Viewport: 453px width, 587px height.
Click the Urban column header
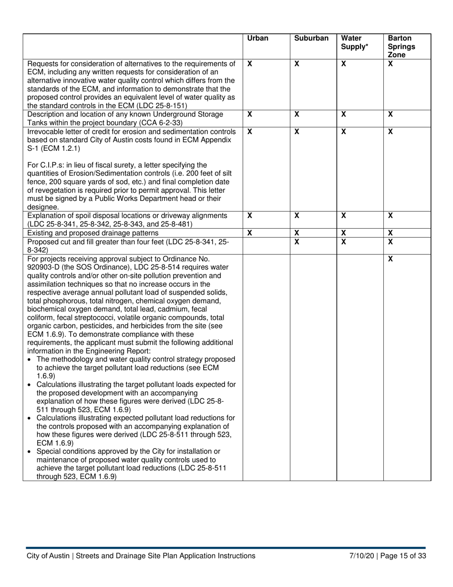(x=258, y=39)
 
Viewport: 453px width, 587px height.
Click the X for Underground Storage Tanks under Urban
(x=249, y=115)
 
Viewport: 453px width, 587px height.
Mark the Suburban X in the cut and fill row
(x=297, y=242)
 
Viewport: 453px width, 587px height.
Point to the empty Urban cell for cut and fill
(x=266, y=245)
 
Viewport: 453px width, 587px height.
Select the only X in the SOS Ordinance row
(x=391, y=259)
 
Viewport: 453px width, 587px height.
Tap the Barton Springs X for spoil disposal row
(x=391, y=216)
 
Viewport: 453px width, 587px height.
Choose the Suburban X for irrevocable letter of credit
(x=297, y=132)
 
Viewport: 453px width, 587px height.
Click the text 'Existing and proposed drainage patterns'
(x=93, y=233)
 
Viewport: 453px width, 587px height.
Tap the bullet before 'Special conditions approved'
(x=30, y=451)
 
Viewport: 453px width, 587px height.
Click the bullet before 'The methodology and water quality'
(x=30, y=359)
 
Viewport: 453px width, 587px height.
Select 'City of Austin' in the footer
(x=48, y=556)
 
